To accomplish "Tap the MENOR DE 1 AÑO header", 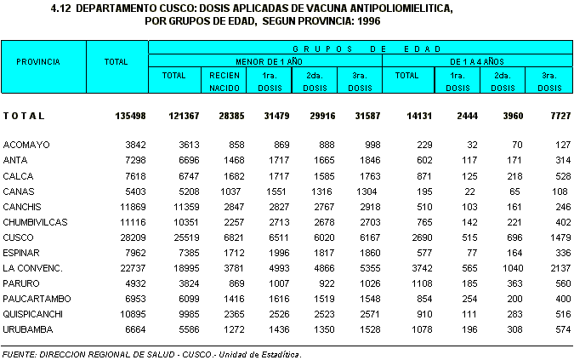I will [264, 61].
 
